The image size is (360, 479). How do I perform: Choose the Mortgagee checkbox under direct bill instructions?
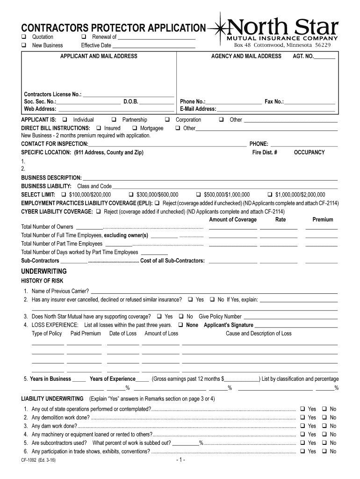coord(135,128)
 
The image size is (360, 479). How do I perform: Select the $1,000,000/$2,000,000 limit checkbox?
coord(270,195)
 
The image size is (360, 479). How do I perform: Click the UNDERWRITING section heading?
coord(44,271)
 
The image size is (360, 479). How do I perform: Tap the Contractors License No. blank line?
coord(128,95)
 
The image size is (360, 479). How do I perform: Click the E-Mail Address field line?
coord(276,109)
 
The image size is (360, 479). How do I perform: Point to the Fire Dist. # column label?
coord(265,152)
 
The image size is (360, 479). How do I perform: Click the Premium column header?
coord(323,219)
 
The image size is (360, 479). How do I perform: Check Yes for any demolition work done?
coord(302,418)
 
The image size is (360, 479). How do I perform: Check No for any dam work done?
coord(325,426)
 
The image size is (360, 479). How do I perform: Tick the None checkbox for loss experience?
coord(180,325)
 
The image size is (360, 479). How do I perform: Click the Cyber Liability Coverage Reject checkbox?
coord(99,211)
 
